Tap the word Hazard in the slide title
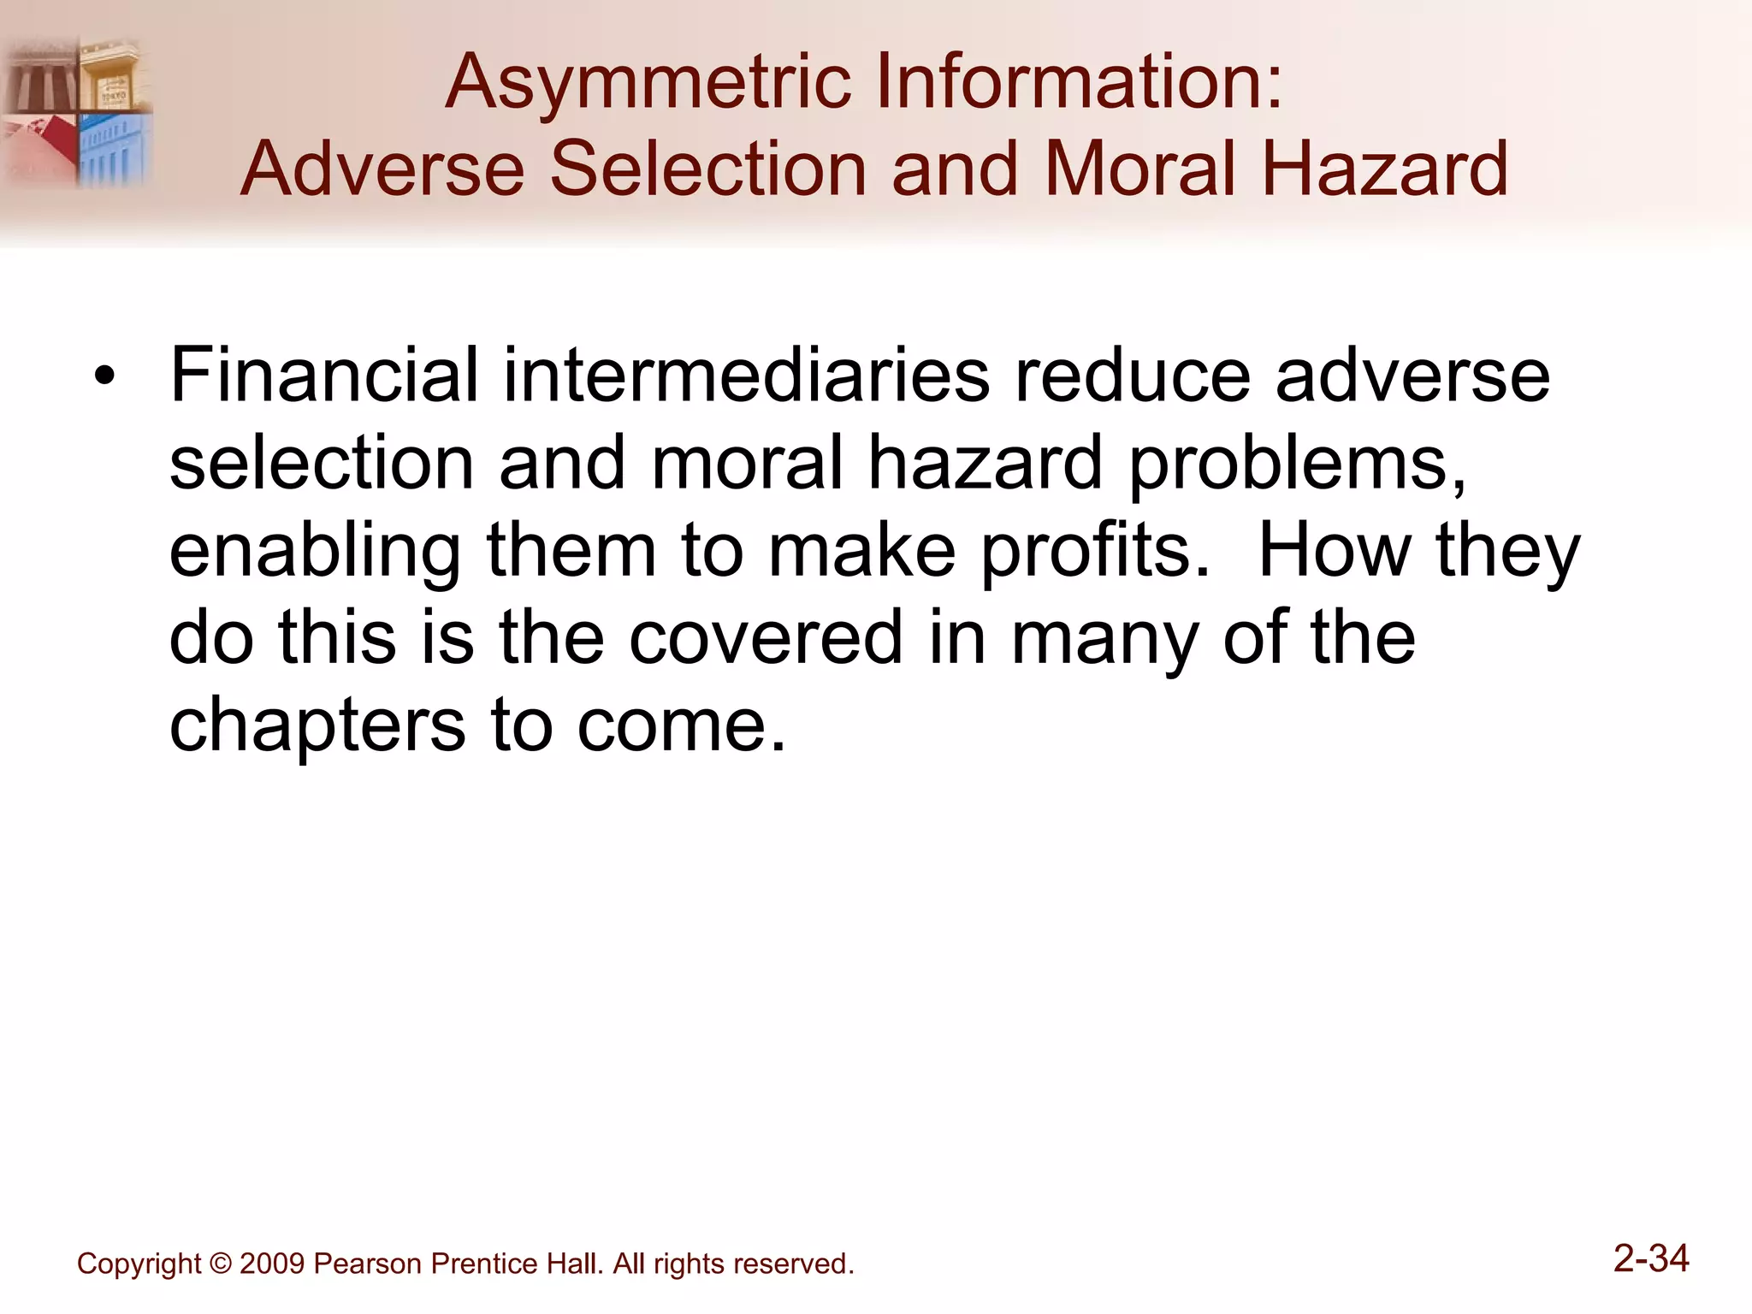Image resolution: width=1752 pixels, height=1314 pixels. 1385,169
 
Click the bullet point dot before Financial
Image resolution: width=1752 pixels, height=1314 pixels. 104,376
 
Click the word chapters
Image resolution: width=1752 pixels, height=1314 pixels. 317,726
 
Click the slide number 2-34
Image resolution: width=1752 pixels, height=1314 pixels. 1651,1258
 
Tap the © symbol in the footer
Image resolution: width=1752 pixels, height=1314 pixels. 220,1264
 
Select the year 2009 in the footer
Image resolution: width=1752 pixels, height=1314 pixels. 272,1264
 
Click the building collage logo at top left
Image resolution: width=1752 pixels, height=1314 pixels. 77,111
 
